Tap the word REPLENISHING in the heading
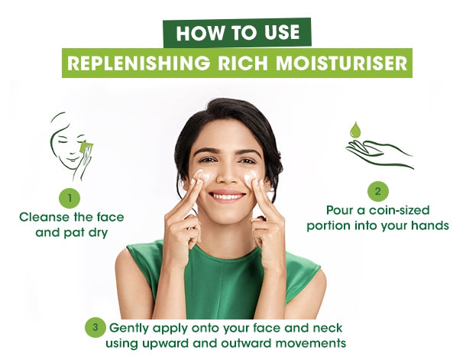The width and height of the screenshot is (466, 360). point(139,63)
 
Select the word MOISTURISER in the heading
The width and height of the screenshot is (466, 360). point(341,63)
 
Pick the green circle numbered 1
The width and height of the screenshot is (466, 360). point(70,198)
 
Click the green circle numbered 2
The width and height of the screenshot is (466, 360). point(377,191)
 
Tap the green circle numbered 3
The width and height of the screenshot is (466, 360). point(95,327)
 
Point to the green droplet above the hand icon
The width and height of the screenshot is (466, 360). point(355,130)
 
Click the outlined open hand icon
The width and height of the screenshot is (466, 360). point(379,154)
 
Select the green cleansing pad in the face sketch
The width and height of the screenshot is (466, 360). point(86,148)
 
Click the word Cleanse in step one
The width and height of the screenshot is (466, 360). point(45,217)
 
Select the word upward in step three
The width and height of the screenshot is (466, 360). point(165,344)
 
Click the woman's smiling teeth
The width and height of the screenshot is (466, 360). point(228,196)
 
